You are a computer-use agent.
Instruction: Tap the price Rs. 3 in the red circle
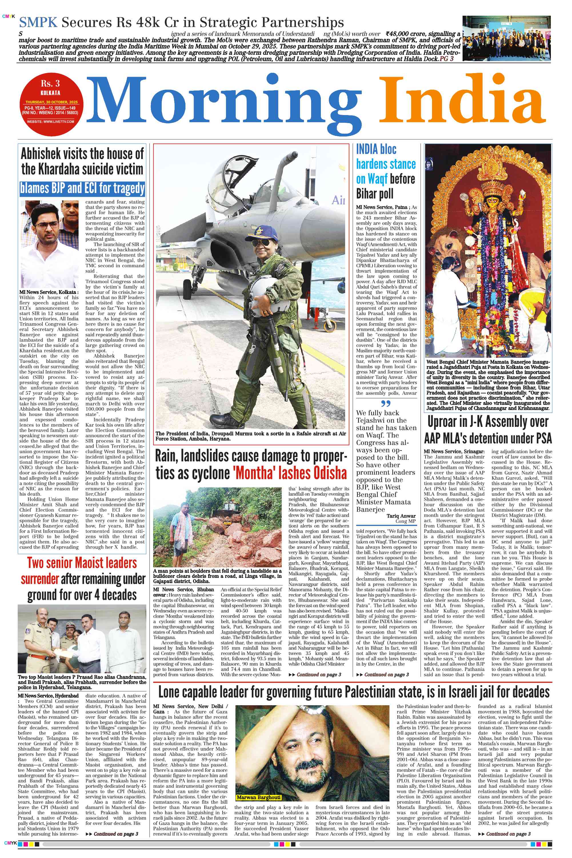(50, 84)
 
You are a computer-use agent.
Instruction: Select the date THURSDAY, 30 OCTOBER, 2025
(51, 102)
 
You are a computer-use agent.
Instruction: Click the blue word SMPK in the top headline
(38, 23)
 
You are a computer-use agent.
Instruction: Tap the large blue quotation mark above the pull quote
(386, 404)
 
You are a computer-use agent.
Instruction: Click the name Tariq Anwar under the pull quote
(401, 516)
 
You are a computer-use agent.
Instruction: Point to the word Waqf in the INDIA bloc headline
(377, 179)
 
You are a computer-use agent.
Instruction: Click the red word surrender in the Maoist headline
(40, 579)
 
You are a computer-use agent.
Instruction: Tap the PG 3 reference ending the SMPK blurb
(447, 58)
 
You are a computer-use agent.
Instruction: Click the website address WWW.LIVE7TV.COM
(51, 121)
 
